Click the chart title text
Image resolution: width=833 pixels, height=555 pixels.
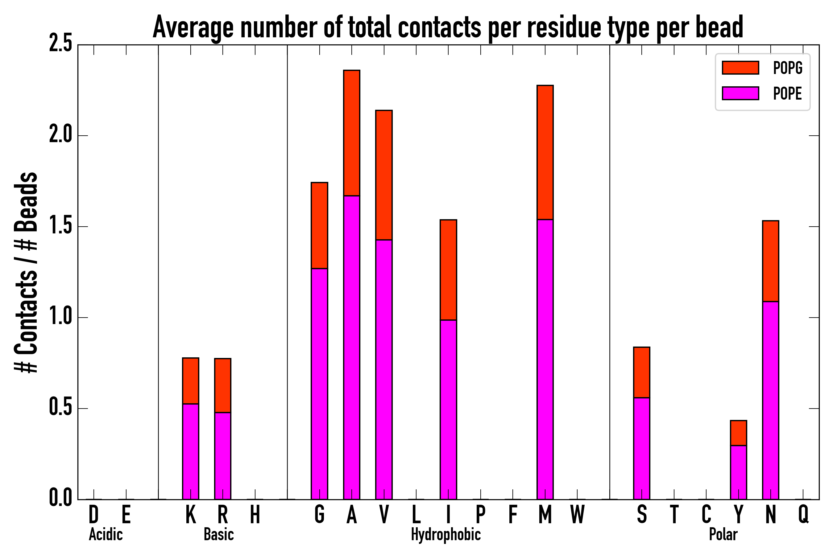[x=448, y=28]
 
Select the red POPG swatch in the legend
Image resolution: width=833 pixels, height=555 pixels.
[x=740, y=68]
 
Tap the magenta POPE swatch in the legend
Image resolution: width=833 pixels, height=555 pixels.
[x=740, y=93]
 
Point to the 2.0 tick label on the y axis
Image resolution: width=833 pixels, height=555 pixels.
[x=60, y=135]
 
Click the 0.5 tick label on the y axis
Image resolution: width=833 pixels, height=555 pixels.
[x=60, y=408]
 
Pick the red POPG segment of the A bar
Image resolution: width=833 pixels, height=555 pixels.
[x=351, y=133]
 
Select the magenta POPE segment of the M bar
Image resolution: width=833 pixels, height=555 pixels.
[x=545, y=359]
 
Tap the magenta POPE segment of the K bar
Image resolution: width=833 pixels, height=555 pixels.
[x=191, y=451]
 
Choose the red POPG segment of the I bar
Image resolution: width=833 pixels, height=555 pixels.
[x=448, y=270]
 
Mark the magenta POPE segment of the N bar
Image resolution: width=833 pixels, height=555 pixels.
[x=771, y=400]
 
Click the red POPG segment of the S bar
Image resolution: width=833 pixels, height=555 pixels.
[x=642, y=372]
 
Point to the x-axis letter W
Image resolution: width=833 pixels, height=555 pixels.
[x=577, y=514]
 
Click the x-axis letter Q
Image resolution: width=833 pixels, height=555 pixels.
[x=803, y=514]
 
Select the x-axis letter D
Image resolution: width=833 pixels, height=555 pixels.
[x=93, y=514]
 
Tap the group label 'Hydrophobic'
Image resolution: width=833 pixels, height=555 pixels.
[x=446, y=534]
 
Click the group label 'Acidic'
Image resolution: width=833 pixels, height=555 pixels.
[x=106, y=534]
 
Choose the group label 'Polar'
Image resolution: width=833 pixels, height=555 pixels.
[x=723, y=534]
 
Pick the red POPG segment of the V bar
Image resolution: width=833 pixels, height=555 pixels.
[x=384, y=175]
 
